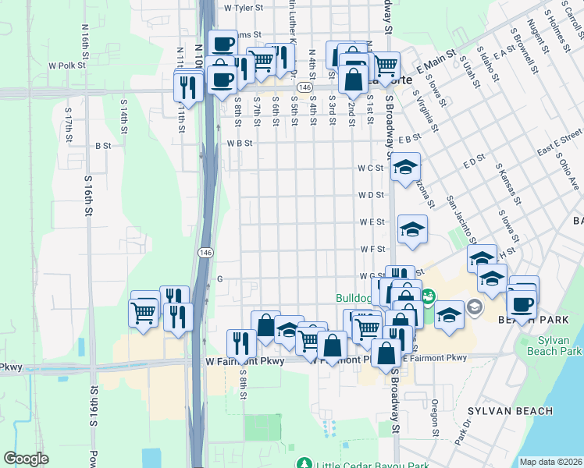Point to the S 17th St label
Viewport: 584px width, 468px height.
(x=69, y=126)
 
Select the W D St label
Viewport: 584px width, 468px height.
(x=372, y=195)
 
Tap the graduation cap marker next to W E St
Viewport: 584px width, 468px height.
(x=412, y=229)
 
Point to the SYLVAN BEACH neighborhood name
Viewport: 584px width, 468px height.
(x=511, y=411)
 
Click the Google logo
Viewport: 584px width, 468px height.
(x=27, y=459)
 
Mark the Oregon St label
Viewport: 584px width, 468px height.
(x=434, y=417)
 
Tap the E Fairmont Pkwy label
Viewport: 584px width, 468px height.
(x=434, y=357)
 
